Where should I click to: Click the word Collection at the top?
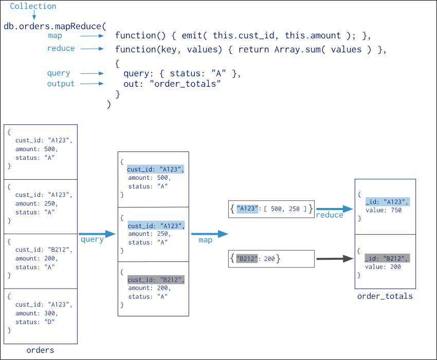pyautogui.click(x=33, y=6)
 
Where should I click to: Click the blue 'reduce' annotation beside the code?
pyautogui.click(x=61, y=48)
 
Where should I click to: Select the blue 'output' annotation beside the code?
pyautogui.click(x=61, y=84)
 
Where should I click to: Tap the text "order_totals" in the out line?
pyautogui.click(x=185, y=84)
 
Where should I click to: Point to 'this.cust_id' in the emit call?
pyautogui.click(x=244, y=35)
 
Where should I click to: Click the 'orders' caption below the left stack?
pyautogui.click(x=40, y=350)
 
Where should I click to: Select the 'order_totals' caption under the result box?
pyautogui.click(x=385, y=296)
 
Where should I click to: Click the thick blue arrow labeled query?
pyautogui.click(x=97, y=234)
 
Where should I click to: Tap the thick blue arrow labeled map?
pyautogui.click(x=210, y=234)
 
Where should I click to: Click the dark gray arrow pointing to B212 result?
pyautogui.click(x=335, y=259)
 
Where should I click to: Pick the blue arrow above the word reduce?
pyautogui.click(x=335, y=209)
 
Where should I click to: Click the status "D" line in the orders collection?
pyautogui.click(x=35, y=322)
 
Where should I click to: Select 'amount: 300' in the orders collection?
pyautogui.click(x=36, y=313)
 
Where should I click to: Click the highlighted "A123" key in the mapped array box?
pyautogui.click(x=247, y=209)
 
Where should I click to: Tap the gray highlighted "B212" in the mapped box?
pyautogui.click(x=247, y=259)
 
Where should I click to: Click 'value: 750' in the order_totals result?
pyautogui.click(x=384, y=210)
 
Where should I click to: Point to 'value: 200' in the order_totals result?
pyautogui.click(x=383, y=267)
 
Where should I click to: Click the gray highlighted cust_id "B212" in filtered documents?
pyautogui.click(x=156, y=280)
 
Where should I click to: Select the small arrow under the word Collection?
pyautogui.click(x=34, y=15)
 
